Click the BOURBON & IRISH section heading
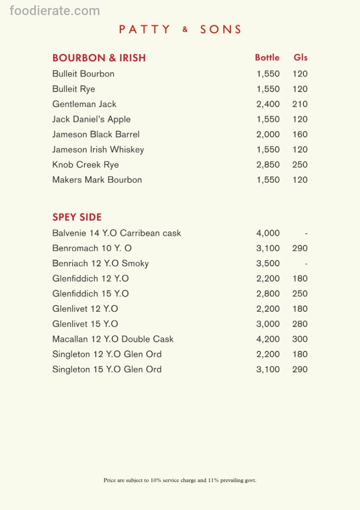tap(99, 58)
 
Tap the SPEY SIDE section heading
tap(77, 217)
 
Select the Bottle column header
tap(267, 58)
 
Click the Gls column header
tap(301, 58)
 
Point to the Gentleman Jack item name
tap(84, 104)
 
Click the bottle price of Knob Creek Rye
tap(268, 165)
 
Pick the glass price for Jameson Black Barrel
tap(300, 135)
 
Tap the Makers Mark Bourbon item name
tap(97, 180)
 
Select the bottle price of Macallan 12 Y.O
tap(268, 339)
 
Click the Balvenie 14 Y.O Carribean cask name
tap(117, 233)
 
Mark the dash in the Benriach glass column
tap(306, 264)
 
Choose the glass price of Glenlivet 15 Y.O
tap(300, 324)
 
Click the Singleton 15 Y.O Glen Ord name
tap(107, 369)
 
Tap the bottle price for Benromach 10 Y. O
tap(268, 248)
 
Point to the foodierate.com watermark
tap(55, 10)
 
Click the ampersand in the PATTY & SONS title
tap(185, 29)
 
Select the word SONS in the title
tap(221, 29)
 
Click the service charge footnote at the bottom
tap(180, 480)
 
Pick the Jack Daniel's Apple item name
tap(92, 119)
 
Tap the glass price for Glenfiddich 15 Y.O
tap(300, 294)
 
